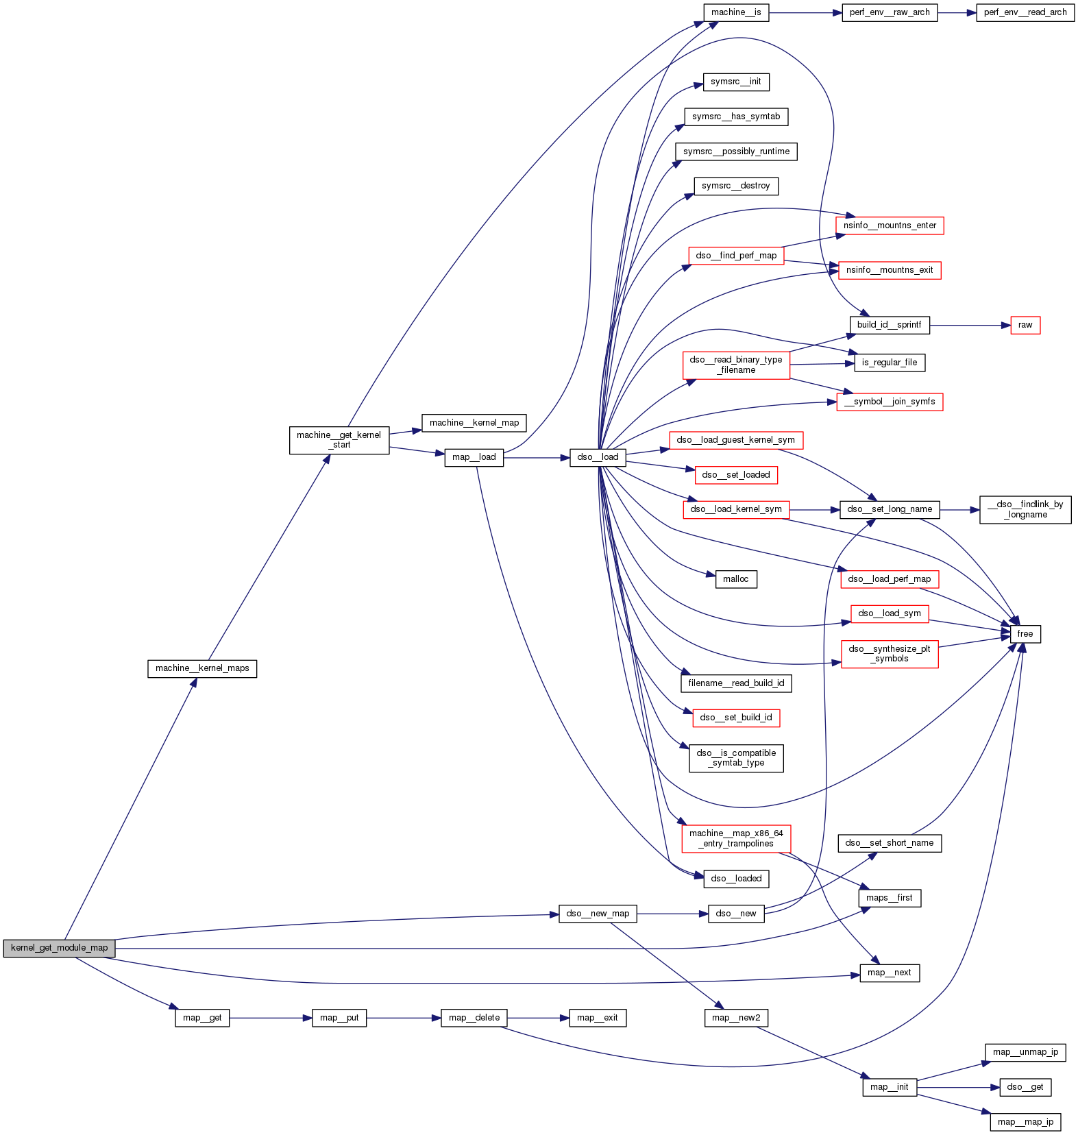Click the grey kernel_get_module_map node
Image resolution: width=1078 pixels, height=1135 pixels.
tap(59, 948)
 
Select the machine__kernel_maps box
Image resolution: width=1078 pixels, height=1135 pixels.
tap(202, 668)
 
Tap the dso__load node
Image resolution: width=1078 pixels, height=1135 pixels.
tap(598, 457)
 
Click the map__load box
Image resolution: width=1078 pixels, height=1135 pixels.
tap(474, 457)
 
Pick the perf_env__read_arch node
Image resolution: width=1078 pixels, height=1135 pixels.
tap(1025, 12)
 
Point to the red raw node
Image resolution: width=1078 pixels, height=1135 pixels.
tap(1025, 325)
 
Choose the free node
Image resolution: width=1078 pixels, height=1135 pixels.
tap(1025, 634)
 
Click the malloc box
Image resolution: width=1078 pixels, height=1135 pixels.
tap(736, 579)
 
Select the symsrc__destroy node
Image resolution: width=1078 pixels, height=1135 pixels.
tap(736, 186)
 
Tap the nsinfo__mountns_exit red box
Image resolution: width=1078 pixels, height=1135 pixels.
tap(890, 270)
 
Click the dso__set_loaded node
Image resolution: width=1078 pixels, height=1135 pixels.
tap(736, 475)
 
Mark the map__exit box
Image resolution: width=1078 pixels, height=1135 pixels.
tap(598, 1018)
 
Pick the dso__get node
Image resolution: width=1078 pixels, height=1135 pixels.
tap(1025, 1087)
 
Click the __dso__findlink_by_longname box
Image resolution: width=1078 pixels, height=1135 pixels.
tap(1025, 509)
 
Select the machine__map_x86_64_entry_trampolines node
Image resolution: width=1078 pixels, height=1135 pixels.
tap(736, 838)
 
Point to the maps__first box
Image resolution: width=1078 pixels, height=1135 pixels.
tap(890, 898)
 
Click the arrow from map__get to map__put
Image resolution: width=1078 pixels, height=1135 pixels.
tap(271, 1018)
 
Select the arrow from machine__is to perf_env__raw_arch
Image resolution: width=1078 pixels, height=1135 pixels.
tap(805, 12)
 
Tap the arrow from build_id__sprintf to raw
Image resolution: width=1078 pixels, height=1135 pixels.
tap(970, 325)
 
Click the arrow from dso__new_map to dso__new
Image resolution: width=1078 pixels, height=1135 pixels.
tap(672, 914)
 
